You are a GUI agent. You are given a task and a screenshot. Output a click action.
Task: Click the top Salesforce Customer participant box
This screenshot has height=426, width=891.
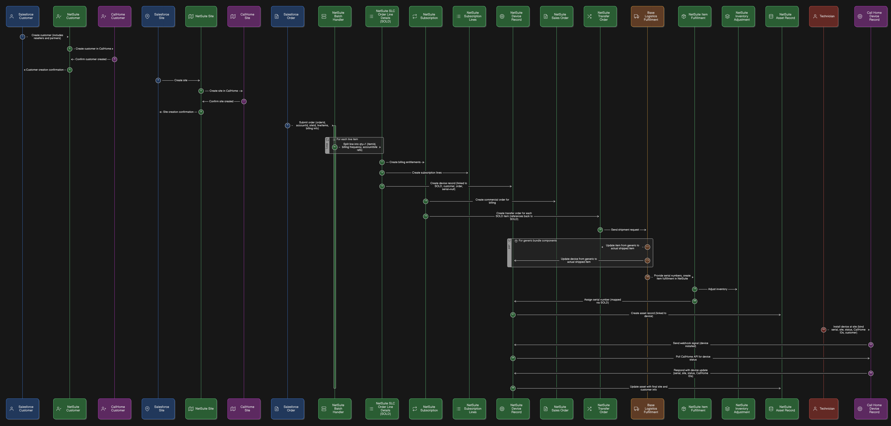(23, 16)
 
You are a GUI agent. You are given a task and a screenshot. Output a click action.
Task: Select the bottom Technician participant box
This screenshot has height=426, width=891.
(824, 409)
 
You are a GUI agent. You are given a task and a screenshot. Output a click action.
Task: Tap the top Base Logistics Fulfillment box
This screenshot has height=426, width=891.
(647, 16)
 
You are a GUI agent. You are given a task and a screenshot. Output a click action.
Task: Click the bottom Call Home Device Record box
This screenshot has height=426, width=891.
(871, 409)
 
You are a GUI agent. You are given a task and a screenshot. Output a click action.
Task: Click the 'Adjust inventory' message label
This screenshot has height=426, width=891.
(717, 289)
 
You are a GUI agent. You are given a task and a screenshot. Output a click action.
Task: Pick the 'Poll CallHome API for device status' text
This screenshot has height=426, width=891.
(693, 358)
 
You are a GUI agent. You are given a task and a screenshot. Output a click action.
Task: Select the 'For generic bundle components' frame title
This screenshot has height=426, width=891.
(537, 241)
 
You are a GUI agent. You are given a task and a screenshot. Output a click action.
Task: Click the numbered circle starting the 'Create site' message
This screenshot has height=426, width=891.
(158, 80)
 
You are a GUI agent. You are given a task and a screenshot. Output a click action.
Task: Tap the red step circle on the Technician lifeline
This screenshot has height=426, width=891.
(824, 330)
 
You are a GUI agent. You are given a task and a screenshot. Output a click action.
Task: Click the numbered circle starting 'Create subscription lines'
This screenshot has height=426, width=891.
(382, 173)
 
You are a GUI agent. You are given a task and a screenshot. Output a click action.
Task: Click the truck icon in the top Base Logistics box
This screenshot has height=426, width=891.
(636, 16)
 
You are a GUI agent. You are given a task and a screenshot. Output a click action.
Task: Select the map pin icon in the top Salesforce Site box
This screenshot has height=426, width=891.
(147, 16)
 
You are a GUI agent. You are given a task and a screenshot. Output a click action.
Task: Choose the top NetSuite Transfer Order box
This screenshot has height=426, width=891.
(600, 16)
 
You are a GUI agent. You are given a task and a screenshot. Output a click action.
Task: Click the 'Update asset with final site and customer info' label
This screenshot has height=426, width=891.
(649, 388)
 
